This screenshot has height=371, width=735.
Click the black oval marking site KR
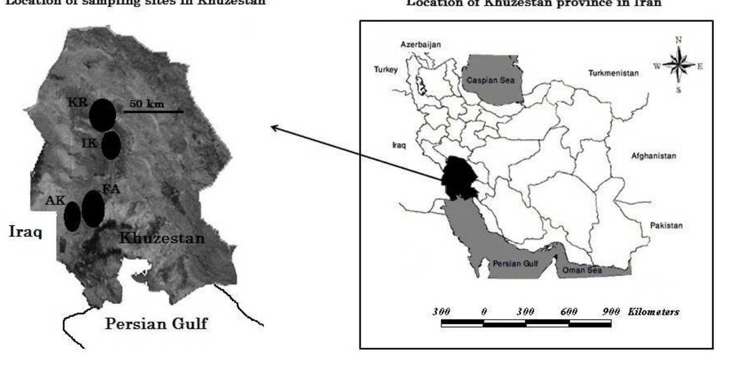(x=102, y=115)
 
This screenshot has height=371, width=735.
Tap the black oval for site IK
(x=111, y=145)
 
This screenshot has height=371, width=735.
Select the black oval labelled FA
(x=93, y=209)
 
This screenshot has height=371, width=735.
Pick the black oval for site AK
(x=72, y=216)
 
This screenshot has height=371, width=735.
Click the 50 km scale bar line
(x=153, y=112)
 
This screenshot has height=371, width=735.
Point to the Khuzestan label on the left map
(x=162, y=238)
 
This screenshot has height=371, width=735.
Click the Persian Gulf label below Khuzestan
(x=156, y=324)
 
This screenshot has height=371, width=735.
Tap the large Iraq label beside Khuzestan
(x=25, y=232)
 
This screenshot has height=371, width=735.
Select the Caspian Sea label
(x=490, y=80)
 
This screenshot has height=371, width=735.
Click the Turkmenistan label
(x=613, y=73)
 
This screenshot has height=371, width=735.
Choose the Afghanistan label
(x=653, y=156)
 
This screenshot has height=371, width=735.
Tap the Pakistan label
(x=666, y=225)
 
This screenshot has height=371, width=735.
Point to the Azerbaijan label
(x=420, y=44)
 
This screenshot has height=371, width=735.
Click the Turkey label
(x=385, y=70)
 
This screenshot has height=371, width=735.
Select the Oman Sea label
(x=582, y=270)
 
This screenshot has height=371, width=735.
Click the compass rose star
(x=679, y=65)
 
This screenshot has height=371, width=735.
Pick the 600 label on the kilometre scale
(x=569, y=312)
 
